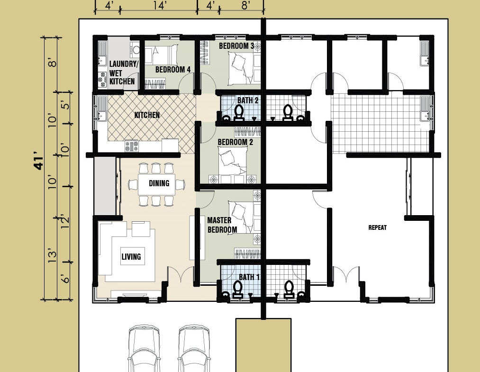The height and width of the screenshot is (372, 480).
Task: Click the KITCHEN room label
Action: click(147, 115)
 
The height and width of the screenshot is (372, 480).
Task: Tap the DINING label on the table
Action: click(159, 183)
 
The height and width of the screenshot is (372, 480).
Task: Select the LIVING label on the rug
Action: click(131, 256)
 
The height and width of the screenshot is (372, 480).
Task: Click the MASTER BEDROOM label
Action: click(222, 225)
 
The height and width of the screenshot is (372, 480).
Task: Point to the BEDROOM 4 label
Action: click(173, 70)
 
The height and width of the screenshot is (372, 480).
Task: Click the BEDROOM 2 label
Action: click(235, 142)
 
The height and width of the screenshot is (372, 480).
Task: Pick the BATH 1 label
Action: click(249, 277)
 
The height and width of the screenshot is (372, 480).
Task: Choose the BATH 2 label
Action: click(248, 100)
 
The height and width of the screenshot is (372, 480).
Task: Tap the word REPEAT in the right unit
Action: click(378, 227)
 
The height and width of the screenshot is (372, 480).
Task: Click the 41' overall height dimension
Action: click(39, 164)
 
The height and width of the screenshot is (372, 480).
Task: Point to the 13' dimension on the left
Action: click(52, 256)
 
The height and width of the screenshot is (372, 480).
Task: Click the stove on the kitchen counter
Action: click(132, 146)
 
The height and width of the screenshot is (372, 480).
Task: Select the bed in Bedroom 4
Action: click(161, 55)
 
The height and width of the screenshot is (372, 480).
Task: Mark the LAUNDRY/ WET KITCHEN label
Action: click(122, 73)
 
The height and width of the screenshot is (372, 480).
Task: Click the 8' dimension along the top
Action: click(245, 5)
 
